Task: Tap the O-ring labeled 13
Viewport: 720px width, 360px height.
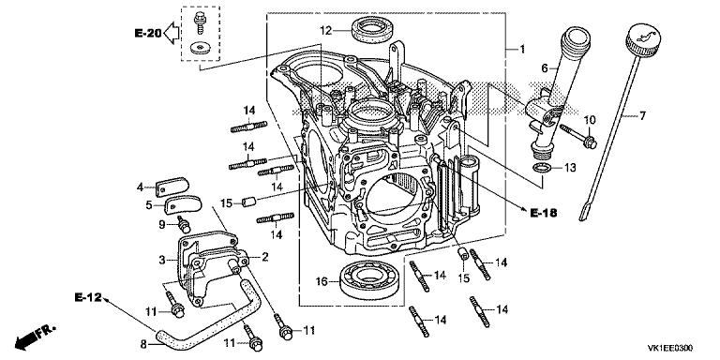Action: click(x=541, y=168)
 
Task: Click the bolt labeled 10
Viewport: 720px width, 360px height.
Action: click(x=578, y=134)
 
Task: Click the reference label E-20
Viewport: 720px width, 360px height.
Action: click(x=148, y=33)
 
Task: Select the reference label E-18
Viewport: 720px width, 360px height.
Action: click(x=543, y=213)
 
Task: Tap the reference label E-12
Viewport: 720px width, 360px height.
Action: click(x=88, y=297)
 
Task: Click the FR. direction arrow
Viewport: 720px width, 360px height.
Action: click(x=35, y=337)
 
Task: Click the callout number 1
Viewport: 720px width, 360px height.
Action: click(x=522, y=49)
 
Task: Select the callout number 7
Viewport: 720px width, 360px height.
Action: click(x=642, y=115)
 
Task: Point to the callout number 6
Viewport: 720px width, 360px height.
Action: click(x=545, y=68)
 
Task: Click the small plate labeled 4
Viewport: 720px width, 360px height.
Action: click(x=172, y=187)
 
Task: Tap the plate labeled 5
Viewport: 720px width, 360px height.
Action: click(x=183, y=204)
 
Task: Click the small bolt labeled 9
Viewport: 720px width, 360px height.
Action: click(x=184, y=225)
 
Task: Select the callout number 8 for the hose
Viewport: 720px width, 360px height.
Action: click(x=143, y=342)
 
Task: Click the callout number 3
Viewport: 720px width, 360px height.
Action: click(x=161, y=260)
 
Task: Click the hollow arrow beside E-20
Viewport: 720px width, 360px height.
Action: click(x=172, y=33)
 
